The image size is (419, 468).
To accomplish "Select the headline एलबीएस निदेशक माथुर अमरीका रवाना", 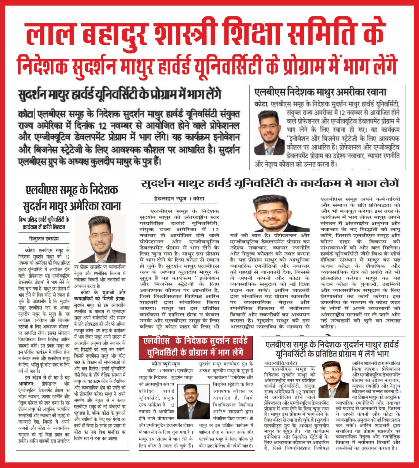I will click(x=320, y=92).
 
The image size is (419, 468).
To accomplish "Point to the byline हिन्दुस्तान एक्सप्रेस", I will click(x=44, y=239).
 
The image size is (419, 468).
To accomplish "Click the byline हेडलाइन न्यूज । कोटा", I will click(x=179, y=199).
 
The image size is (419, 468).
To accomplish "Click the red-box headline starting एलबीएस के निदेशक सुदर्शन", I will click(x=195, y=347).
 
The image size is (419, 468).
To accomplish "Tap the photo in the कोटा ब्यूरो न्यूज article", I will click(x=193, y=402).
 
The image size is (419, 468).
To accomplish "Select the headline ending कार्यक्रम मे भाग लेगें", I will click(x=270, y=184).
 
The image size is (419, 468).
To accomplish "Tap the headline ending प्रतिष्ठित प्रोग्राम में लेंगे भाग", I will click(x=332, y=350).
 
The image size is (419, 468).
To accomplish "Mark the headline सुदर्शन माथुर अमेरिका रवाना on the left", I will click(x=72, y=206).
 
